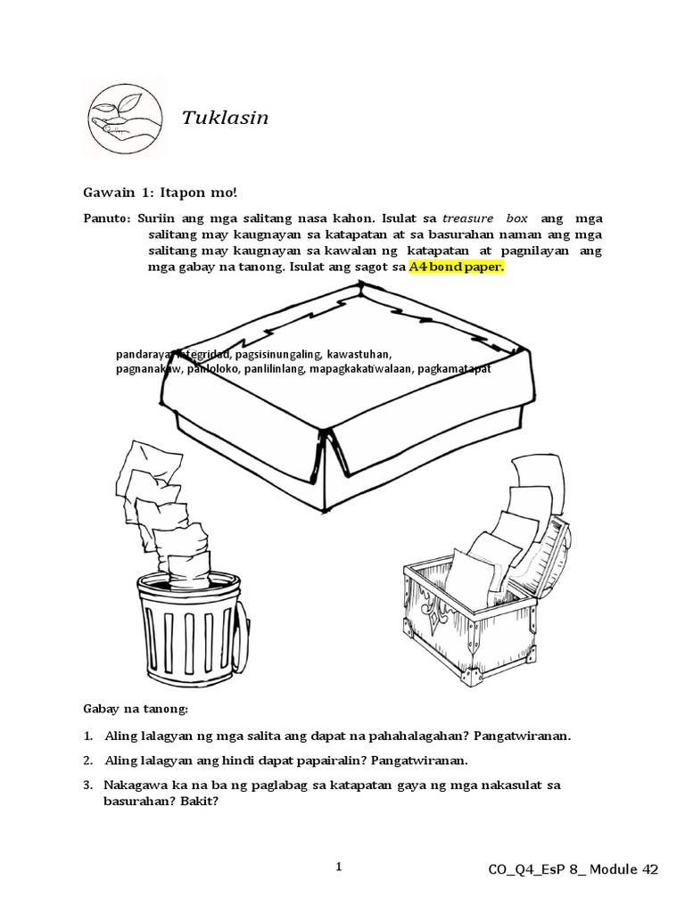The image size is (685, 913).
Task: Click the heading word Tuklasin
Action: tap(226, 119)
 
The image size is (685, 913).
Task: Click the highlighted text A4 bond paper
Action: tap(456, 267)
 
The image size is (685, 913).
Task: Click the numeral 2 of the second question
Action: tap(88, 761)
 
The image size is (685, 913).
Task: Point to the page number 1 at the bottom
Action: tap(340, 867)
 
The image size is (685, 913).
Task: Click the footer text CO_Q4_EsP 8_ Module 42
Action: tap(573, 870)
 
